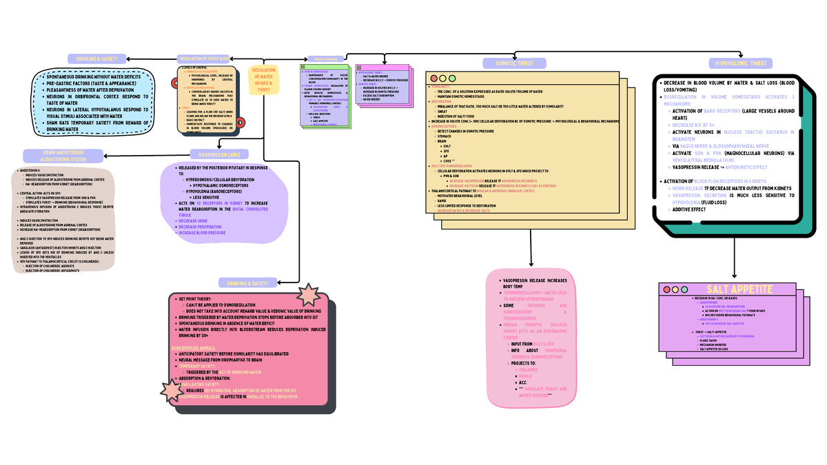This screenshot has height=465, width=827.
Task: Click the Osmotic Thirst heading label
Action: [x=514, y=63]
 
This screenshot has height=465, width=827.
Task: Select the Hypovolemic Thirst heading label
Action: [x=741, y=63]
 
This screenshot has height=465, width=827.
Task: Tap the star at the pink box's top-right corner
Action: [x=307, y=296]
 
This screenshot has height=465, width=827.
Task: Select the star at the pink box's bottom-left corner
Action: [x=172, y=390]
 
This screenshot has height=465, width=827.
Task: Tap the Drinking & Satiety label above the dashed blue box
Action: [x=96, y=59]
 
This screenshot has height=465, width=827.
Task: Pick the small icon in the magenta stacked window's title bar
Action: [x=356, y=68]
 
